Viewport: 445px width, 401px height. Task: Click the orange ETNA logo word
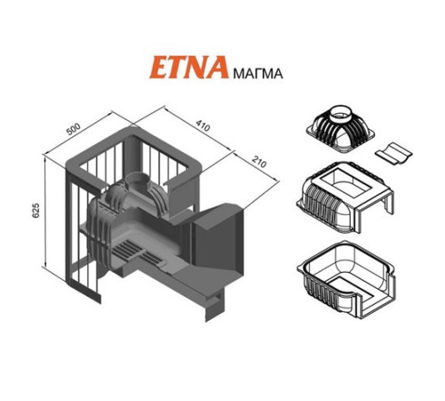[190, 67]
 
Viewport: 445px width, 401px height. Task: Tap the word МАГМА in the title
[258, 73]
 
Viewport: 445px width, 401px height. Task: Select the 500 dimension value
[73, 129]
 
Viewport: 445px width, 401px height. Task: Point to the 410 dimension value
[203, 125]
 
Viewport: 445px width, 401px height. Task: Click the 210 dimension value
[259, 162]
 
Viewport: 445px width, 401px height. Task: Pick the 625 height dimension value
[36, 210]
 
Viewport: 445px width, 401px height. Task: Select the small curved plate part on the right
[393, 152]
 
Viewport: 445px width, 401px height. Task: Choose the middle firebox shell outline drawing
[345, 197]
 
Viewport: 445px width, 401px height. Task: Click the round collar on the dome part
[341, 114]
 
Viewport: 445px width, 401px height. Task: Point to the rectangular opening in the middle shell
[346, 184]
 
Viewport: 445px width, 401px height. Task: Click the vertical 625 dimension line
[45, 212]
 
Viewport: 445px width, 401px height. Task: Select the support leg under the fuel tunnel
[214, 306]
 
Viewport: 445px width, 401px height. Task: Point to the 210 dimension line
[255, 168]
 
